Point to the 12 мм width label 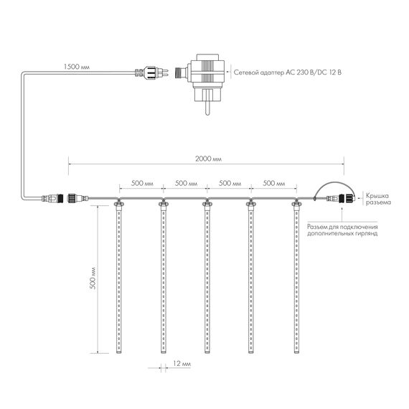(x=182, y=365)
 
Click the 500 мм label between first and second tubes (x=141, y=183)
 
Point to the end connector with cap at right (x=341, y=199)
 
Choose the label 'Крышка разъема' (x=378, y=199)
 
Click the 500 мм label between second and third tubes (x=185, y=183)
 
